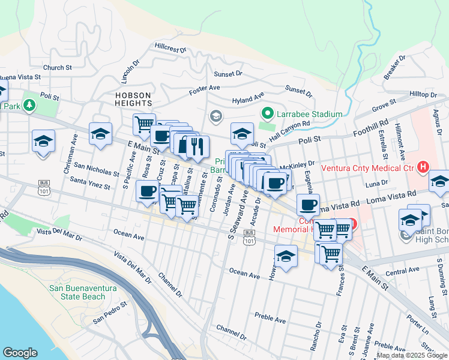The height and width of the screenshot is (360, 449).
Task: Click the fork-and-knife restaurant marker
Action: [197, 146]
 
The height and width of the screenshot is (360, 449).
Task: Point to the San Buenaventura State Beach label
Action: [85, 292]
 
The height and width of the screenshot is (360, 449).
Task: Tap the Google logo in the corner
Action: [20, 353]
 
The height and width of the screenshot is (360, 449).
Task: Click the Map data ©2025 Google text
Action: [412, 355]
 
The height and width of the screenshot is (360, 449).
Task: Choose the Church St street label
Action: [58, 68]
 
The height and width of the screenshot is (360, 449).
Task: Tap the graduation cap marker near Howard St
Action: [286, 256]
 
